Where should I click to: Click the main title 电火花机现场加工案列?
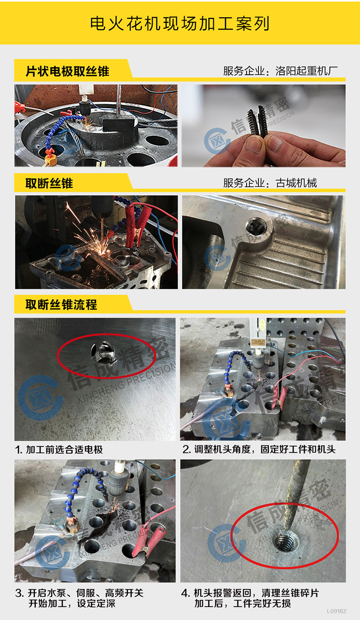(x=180, y=23)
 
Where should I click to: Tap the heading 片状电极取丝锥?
(x=67, y=71)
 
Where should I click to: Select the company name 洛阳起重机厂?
(x=307, y=71)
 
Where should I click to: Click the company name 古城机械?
(x=296, y=183)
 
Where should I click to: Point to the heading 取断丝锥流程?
(x=62, y=305)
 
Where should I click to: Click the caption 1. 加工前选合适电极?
(x=59, y=449)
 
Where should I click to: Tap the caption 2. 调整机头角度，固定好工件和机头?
(x=259, y=449)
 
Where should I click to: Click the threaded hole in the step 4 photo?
(x=286, y=541)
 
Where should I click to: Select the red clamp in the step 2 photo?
(x=279, y=396)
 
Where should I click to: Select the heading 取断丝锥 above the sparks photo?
(x=49, y=183)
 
